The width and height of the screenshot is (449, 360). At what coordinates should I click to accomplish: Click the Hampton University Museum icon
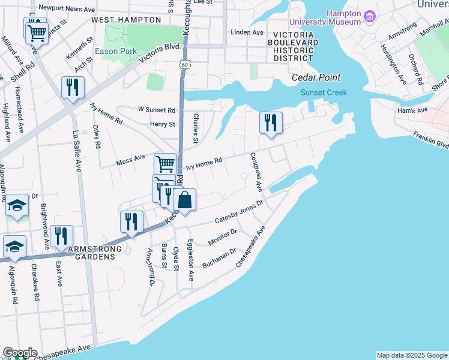tap(370, 18)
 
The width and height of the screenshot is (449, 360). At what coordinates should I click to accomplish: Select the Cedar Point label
tap(316, 77)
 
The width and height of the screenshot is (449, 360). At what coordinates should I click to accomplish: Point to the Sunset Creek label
tap(324, 92)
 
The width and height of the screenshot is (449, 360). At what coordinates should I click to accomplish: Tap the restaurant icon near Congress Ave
tap(271, 123)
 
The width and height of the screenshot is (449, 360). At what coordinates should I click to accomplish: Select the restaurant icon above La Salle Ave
tap(73, 88)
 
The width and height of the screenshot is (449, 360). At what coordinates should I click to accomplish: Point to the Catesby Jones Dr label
tap(239, 214)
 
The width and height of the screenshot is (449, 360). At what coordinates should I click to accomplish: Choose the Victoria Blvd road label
tap(158, 55)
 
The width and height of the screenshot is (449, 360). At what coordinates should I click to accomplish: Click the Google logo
tap(19, 353)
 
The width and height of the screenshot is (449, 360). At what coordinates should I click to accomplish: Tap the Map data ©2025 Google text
tap(412, 355)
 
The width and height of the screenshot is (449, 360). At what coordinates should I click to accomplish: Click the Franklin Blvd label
tap(430, 140)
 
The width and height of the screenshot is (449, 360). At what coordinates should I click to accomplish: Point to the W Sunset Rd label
tap(156, 110)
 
